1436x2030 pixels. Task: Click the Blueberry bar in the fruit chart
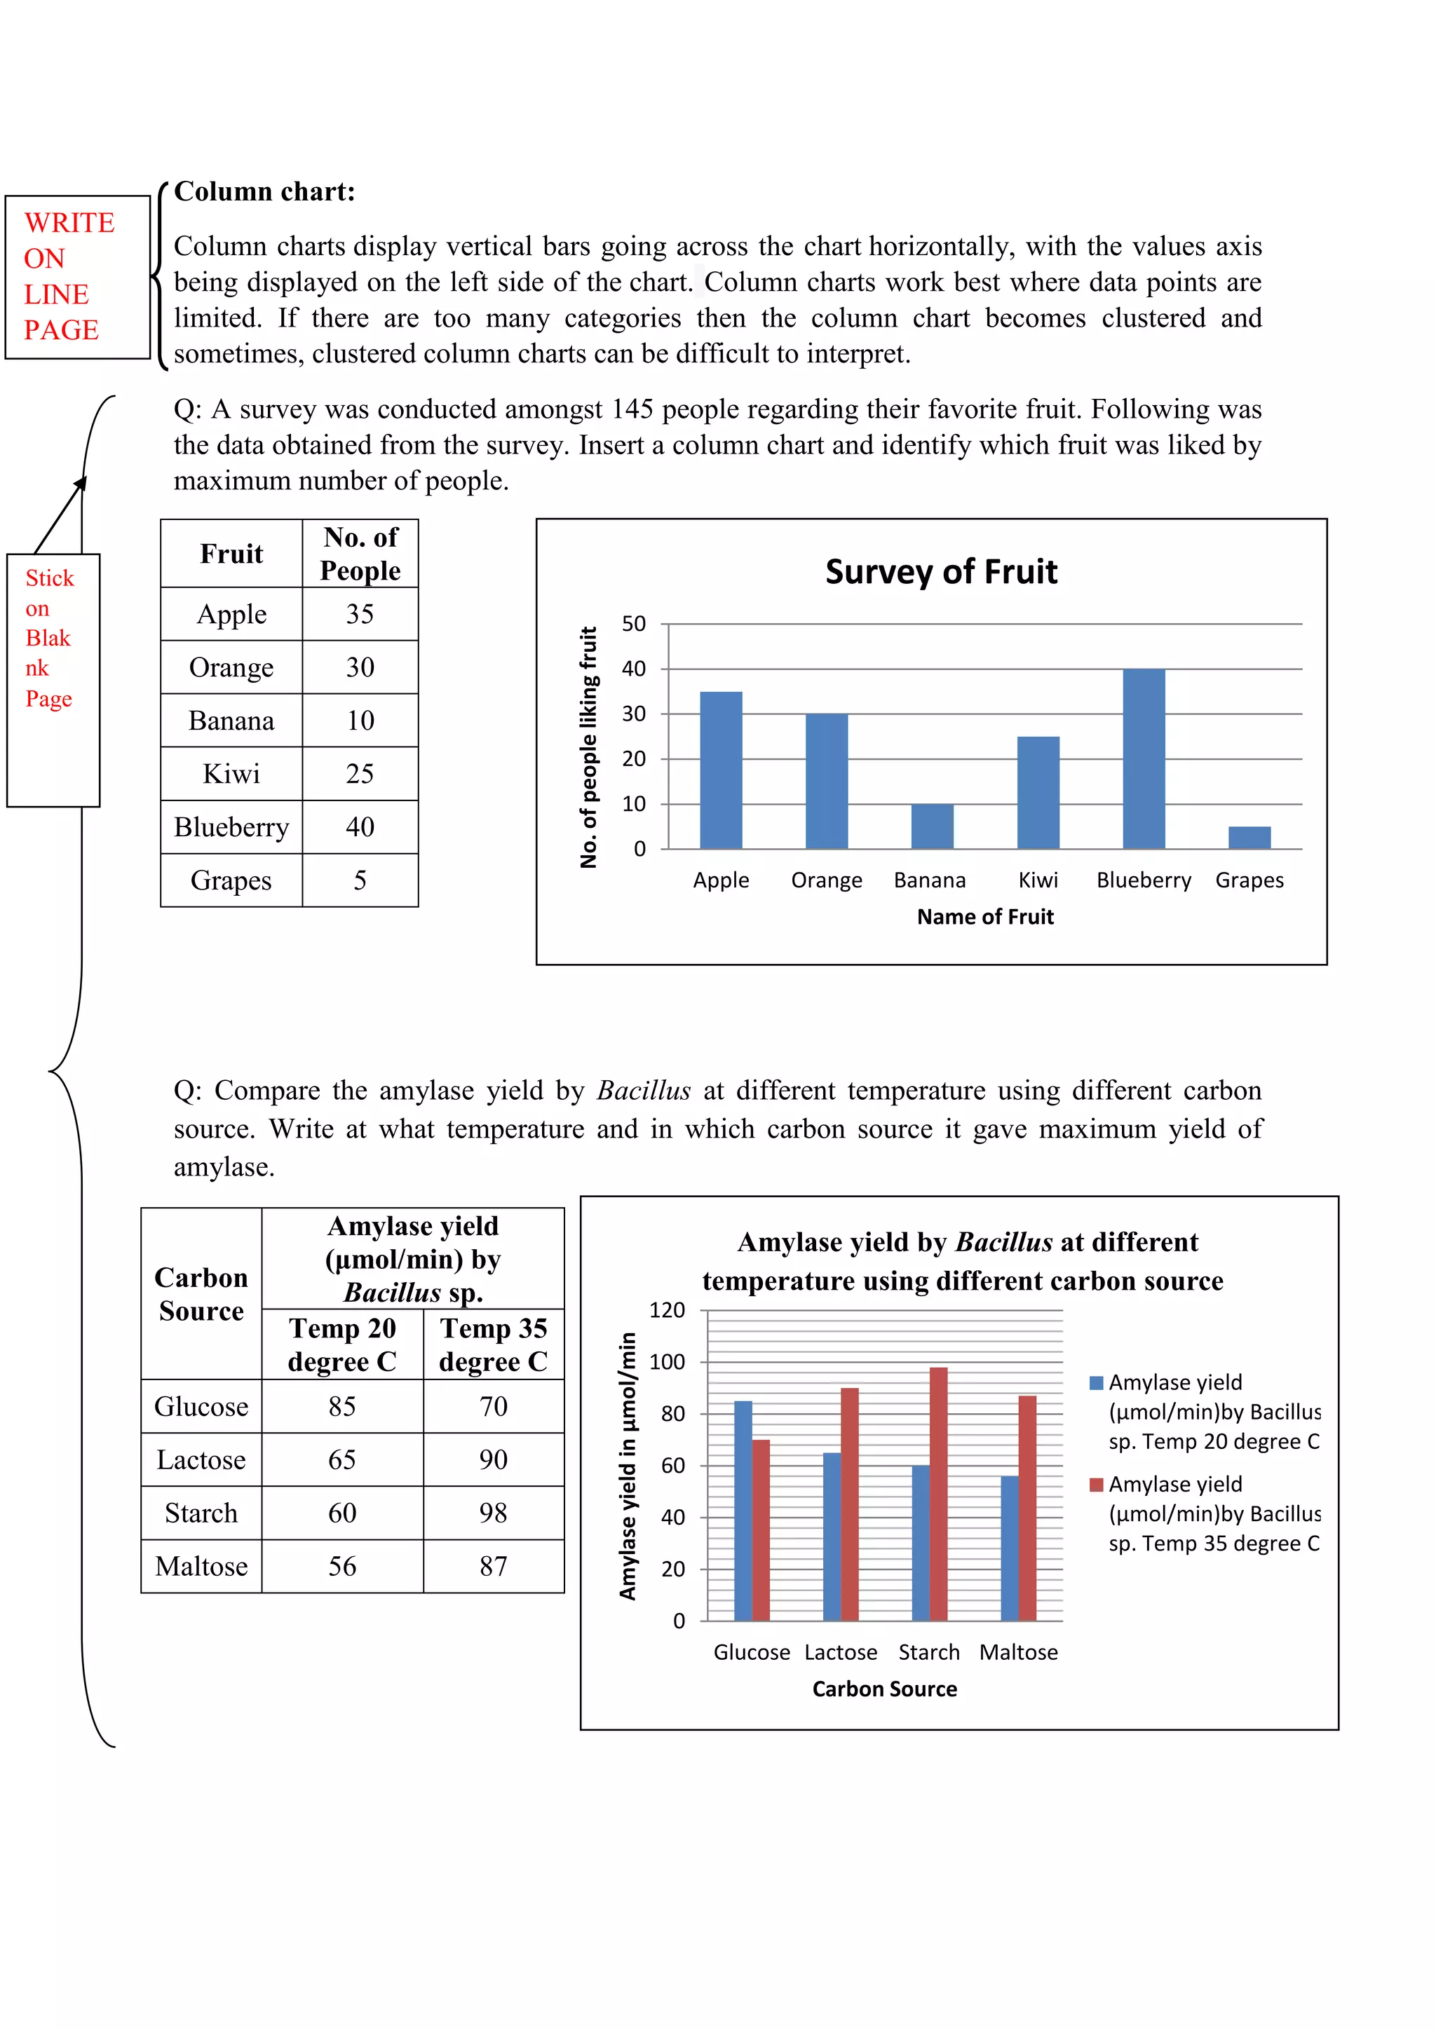tap(1144, 758)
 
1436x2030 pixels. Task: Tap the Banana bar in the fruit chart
tap(932, 826)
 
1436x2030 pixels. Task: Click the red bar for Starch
tap(938, 1494)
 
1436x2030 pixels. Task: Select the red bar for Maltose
tap(1027, 1508)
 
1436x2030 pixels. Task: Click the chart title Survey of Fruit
tap(941, 572)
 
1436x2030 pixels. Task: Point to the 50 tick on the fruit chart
tap(633, 624)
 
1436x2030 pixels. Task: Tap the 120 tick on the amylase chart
tap(667, 1310)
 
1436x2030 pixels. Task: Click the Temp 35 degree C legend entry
tap(1213, 1513)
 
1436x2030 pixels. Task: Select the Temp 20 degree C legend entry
tap(1213, 1412)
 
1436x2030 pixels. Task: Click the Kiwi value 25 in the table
tap(360, 774)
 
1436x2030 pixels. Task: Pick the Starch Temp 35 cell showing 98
tap(494, 1513)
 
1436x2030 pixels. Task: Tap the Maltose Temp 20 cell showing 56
tap(342, 1567)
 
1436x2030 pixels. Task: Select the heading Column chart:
tap(264, 192)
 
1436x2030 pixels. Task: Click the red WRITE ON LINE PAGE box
tap(77, 277)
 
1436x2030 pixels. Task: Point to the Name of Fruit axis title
tap(985, 917)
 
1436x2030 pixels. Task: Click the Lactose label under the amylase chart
tap(840, 1652)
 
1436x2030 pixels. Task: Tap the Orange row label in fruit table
tap(231, 667)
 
